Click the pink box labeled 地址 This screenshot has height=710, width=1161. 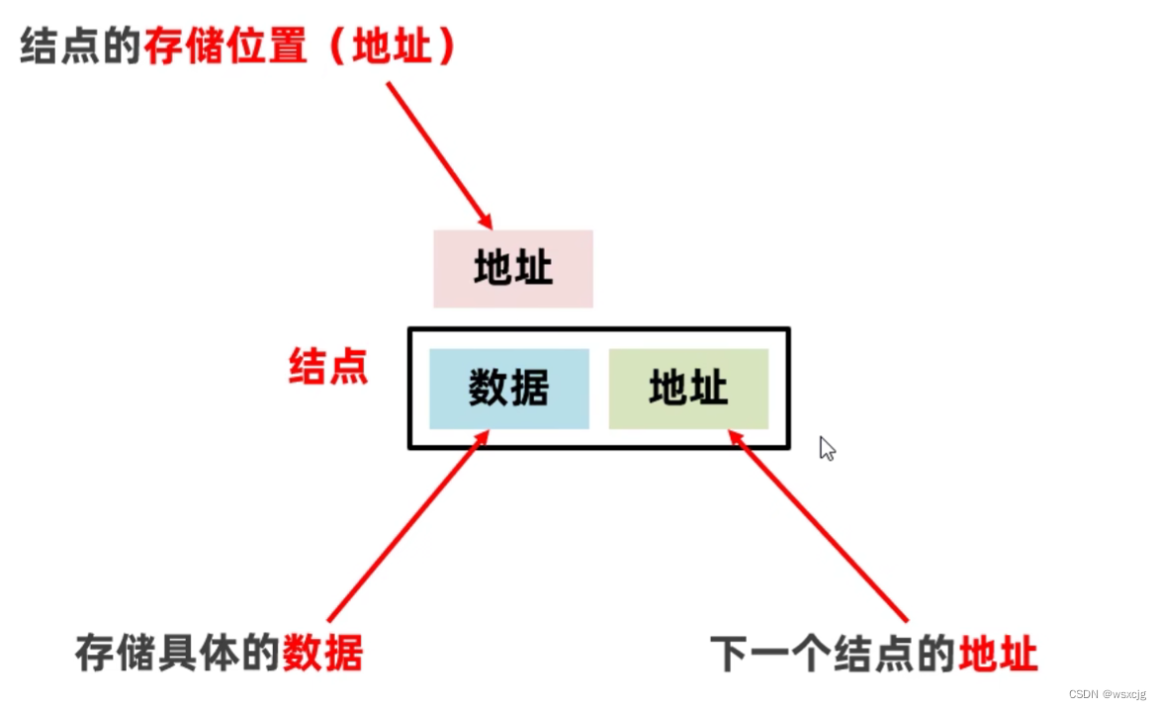pyautogui.click(x=512, y=269)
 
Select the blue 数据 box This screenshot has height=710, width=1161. pyautogui.click(x=508, y=389)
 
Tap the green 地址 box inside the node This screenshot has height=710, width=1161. pyautogui.click(x=688, y=389)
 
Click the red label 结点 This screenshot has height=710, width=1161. pyautogui.click(x=328, y=366)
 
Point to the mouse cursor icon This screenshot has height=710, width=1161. pyautogui.click(x=827, y=449)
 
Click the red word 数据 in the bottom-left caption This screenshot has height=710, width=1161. pyautogui.click(x=322, y=654)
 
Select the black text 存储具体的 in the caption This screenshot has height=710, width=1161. pyautogui.click(x=178, y=654)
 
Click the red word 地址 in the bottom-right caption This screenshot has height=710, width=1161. pyautogui.click(x=998, y=654)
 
